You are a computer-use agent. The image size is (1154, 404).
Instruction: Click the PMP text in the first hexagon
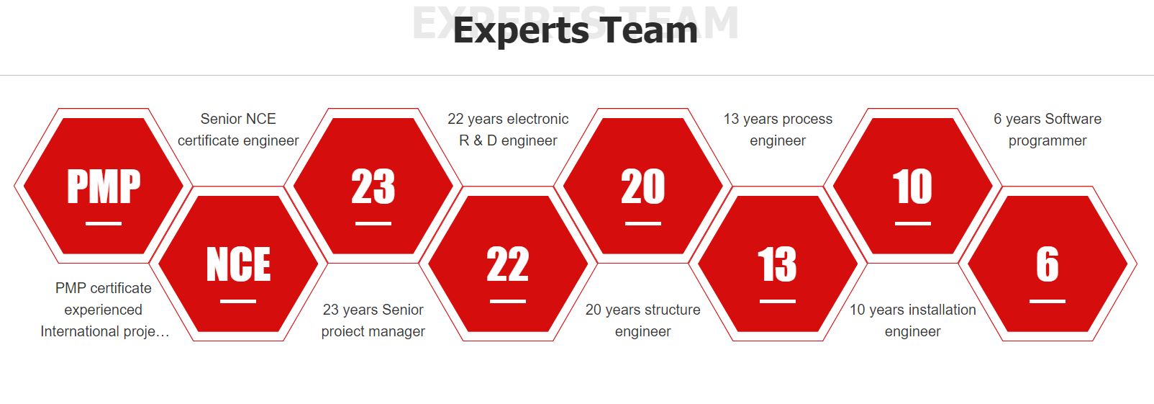coord(104,187)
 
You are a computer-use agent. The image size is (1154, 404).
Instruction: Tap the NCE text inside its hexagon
coord(238,264)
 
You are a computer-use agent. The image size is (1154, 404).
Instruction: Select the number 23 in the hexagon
coord(373,187)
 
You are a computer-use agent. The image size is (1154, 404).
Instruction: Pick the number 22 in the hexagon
coord(507,264)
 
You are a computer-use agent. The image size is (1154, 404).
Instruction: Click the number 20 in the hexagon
coord(643,187)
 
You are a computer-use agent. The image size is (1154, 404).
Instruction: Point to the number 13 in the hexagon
coord(778,264)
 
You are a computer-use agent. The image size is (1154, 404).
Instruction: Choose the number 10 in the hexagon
coord(912,187)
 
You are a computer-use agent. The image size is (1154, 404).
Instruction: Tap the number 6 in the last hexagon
coord(1048,264)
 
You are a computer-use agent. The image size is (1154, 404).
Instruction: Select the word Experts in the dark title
coord(521,31)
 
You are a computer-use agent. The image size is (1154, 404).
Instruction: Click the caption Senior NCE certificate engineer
coord(238,130)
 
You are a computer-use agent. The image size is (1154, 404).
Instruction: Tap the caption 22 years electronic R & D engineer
coord(508,130)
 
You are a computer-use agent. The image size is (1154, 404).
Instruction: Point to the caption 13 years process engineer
coord(778,130)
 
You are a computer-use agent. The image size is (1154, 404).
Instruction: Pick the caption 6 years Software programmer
coord(1048,130)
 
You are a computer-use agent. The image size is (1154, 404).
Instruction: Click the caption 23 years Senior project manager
coord(373,320)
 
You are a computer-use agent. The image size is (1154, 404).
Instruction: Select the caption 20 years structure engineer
coord(643,320)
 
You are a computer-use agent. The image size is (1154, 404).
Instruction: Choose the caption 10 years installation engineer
coord(912,320)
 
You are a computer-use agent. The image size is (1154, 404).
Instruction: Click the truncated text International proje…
coord(104,331)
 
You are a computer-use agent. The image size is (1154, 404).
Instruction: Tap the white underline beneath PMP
coord(104,223)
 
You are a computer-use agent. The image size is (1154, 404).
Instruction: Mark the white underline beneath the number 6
coord(1048,301)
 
